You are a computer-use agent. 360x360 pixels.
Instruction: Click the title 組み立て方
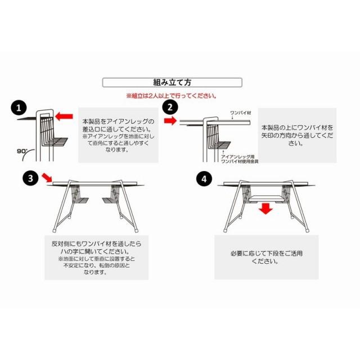click(x=172, y=82)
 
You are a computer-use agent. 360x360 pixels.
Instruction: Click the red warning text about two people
click(x=172, y=96)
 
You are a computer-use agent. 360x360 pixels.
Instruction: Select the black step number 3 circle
click(x=31, y=179)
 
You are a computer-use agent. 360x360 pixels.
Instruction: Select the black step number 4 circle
click(x=204, y=179)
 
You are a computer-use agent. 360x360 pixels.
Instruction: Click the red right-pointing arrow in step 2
click(x=169, y=120)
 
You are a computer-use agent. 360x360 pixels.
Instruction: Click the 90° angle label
click(x=22, y=152)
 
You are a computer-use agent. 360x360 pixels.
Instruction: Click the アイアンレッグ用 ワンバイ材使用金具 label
click(x=238, y=158)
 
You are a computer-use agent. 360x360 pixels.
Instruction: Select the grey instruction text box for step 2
click(x=297, y=136)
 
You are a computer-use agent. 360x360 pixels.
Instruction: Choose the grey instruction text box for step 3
click(x=96, y=258)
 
